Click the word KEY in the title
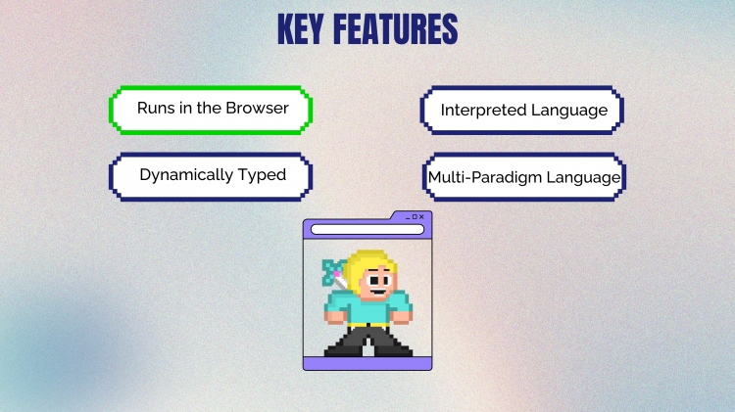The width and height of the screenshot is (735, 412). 301,29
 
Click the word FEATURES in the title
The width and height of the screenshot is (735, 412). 396,29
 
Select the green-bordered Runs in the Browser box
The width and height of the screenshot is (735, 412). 211,110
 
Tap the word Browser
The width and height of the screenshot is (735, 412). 258,108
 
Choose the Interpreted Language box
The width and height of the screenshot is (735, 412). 521,110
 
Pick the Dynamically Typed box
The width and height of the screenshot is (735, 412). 211,176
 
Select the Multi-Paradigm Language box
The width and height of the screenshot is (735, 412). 524,176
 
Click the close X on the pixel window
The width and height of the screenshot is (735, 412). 421,217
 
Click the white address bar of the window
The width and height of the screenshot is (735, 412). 367,229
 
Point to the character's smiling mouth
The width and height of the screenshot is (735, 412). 378,293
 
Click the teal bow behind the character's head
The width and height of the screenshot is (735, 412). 333,272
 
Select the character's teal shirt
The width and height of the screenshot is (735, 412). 367,307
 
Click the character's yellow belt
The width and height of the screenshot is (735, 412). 367,325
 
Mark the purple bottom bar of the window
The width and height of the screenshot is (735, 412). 367,363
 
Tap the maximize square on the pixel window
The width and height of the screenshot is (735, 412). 415,217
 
